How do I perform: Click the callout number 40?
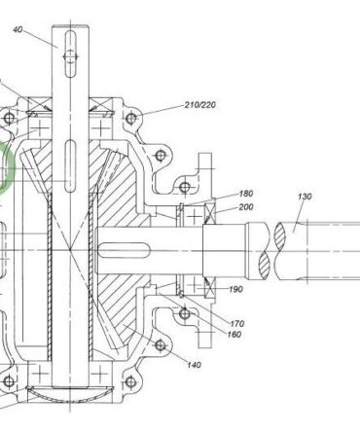click(18, 29)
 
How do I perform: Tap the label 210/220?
click(200, 105)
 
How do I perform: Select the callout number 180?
click(246, 194)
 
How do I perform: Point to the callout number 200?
click(246, 207)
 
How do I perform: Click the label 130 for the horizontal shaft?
click(305, 197)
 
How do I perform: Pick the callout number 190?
click(235, 289)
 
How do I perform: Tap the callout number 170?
click(236, 323)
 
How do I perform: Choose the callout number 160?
click(234, 334)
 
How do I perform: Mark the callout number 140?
click(194, 365)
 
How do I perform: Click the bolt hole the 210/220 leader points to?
click(131, 118)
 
